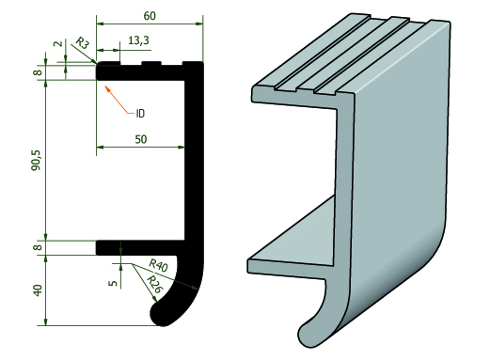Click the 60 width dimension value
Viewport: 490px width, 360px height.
(x=150, y=16)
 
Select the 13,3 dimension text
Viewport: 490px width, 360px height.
(x=138, y=40)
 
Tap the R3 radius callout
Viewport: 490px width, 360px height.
(x=83, y=43)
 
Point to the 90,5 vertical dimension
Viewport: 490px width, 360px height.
(x=36, y=160)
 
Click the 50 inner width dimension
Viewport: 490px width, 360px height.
(x=141, y=139)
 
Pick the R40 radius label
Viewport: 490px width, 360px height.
(x=158, y=265)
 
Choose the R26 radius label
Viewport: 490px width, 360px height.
(x=154, y=284)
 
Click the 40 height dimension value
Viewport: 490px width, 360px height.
(x=38, y=290)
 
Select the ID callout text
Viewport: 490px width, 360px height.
(x=140, y=113)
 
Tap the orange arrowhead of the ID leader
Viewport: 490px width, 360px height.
(x=108, y=88)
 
